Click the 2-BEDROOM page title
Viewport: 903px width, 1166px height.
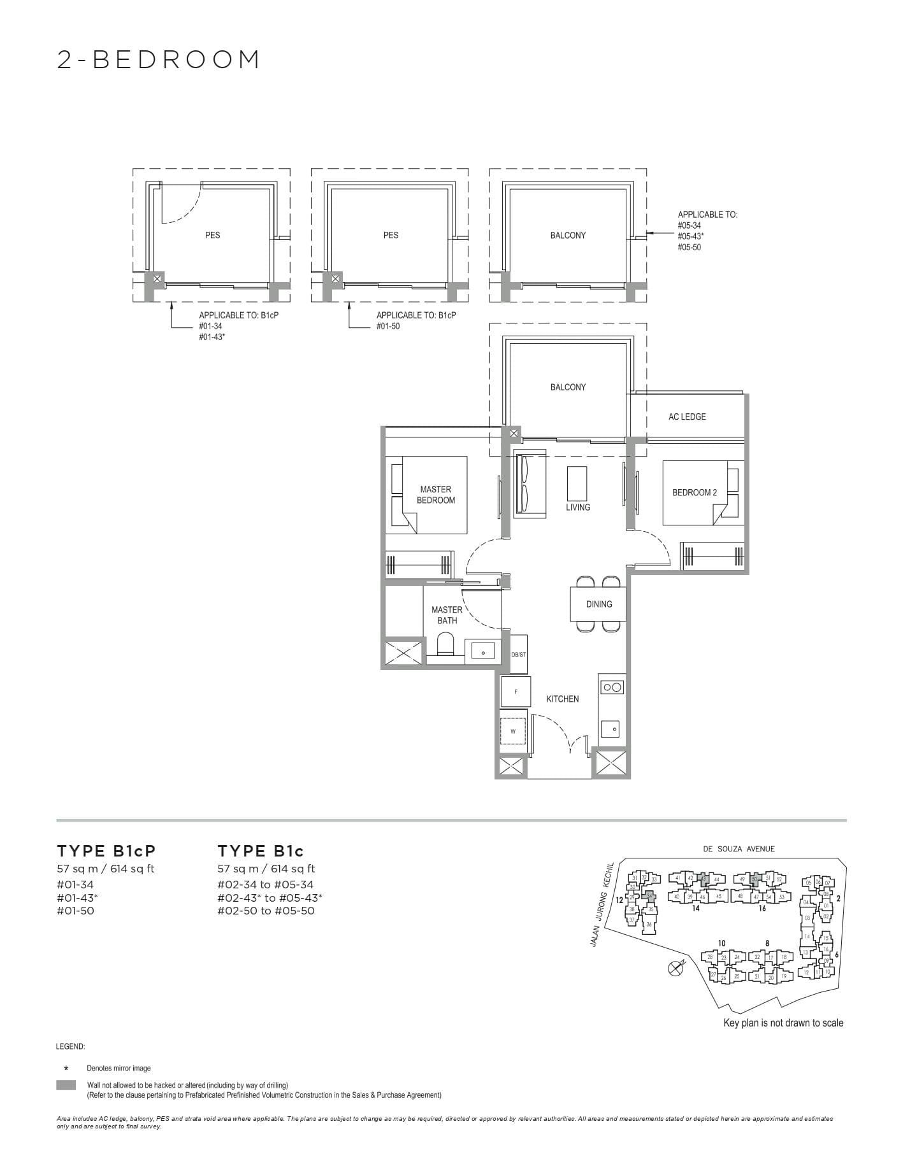point(159,60)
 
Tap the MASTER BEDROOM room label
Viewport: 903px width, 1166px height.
point(436,495)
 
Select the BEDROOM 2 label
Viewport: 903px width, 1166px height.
point(694,492)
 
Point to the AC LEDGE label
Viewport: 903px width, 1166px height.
point(686,416)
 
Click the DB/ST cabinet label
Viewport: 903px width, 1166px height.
point(519,655)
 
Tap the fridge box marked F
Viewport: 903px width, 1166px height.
point(515,692)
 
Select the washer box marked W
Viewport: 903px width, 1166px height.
point(513,732)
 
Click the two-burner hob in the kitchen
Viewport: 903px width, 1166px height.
point(612,687)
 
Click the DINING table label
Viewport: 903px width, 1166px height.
point(598,604)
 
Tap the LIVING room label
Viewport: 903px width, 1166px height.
point(577,507)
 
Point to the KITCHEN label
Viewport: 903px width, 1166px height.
point(562,699)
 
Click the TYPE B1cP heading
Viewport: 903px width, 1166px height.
point(106,851)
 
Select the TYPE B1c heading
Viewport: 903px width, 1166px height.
point(261,851)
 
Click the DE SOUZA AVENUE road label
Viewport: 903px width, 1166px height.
point(739,848)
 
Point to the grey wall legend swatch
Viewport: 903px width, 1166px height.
point(66,1085)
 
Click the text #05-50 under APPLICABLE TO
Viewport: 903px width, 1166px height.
point(689,247)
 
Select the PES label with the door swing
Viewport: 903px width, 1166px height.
point(212,235)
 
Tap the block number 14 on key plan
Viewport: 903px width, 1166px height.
point(695,908)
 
